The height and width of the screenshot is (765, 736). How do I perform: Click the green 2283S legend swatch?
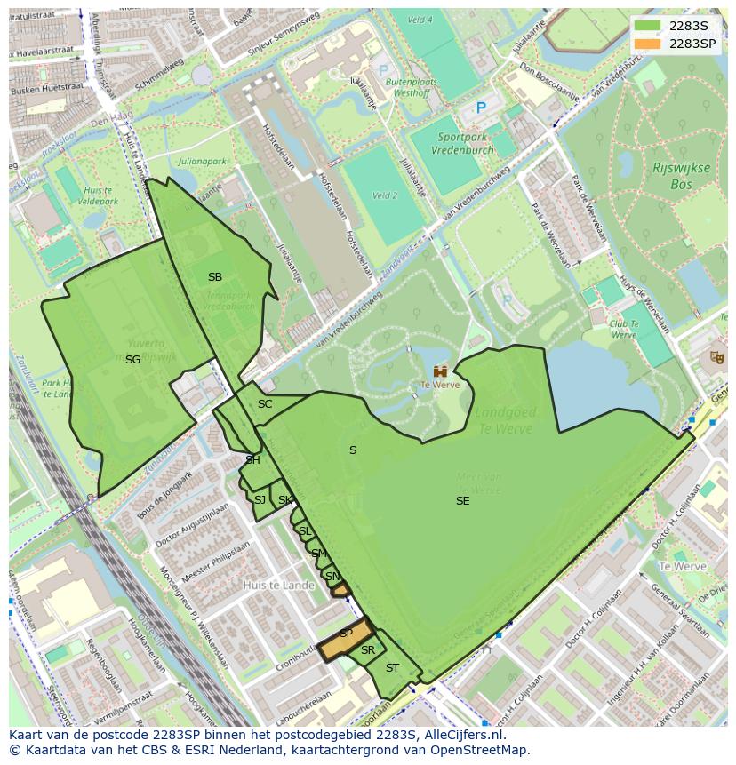coord(648,26)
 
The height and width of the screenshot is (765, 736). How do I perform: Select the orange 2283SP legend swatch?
coord(648,44)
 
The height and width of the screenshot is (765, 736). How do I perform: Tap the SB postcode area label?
coord(214,277)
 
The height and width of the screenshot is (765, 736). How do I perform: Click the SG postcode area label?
coord(132,360)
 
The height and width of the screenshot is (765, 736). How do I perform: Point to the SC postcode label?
coord(265,404)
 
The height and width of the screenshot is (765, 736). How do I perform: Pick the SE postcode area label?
coord(462,501)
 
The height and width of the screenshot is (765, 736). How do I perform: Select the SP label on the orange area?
coord(346,634)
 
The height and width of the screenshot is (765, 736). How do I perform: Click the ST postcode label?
coord(392,668)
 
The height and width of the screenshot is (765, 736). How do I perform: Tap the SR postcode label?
coord(367,650)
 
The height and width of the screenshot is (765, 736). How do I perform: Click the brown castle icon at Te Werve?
coord(440,371)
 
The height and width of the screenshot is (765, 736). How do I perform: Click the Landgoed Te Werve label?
coord(503,421)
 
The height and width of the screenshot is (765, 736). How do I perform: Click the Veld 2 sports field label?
coord(384,195)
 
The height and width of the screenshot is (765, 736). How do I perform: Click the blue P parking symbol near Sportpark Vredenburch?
coord(481,108)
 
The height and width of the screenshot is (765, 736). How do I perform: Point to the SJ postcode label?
coord(260,500)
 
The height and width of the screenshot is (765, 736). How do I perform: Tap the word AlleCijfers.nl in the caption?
coord(462,735)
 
